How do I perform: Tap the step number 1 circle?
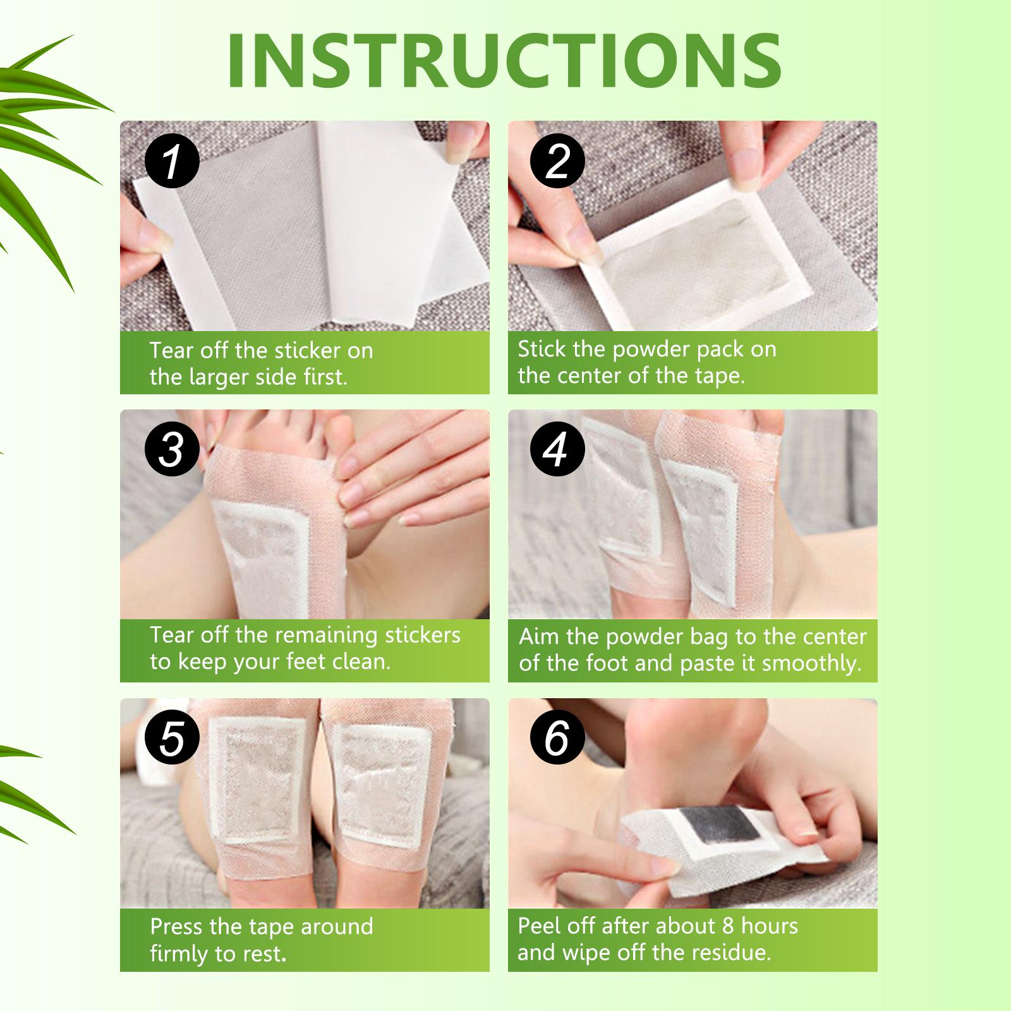pyautogui.click(x=172, y=162)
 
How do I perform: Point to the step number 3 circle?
pyautogui.click(x=172, y=449)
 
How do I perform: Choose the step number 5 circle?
pyautogui.click(x=172, y=738)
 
